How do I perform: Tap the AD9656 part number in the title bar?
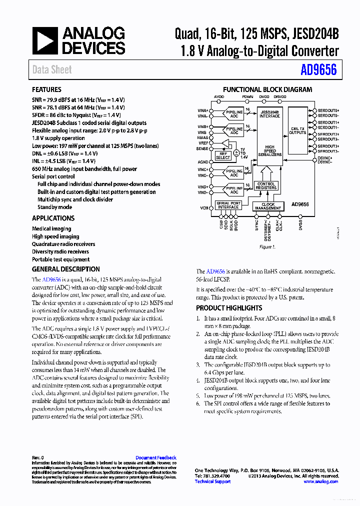[x=318, y=69]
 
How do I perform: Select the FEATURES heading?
[x=46, y=89]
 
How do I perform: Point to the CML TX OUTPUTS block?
[x=297, y=130]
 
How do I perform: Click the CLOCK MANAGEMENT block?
[x=268, y=206]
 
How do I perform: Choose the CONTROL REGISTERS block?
[x=265, y=186]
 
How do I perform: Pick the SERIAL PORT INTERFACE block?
[x=228, y=205]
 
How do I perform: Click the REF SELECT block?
[x=223, y=155]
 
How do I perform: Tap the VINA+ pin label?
[x=203, y=110]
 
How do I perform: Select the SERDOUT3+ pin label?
[x=328, y=146]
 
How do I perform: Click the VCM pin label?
[x=204, y=207]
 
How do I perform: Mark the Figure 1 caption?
[x=266, y=247]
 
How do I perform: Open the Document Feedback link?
[x=156, y=457]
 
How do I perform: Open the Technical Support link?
[x=212, y=481]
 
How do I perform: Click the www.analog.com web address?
[x=320, y=481]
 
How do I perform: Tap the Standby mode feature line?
[x=54, y=207]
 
